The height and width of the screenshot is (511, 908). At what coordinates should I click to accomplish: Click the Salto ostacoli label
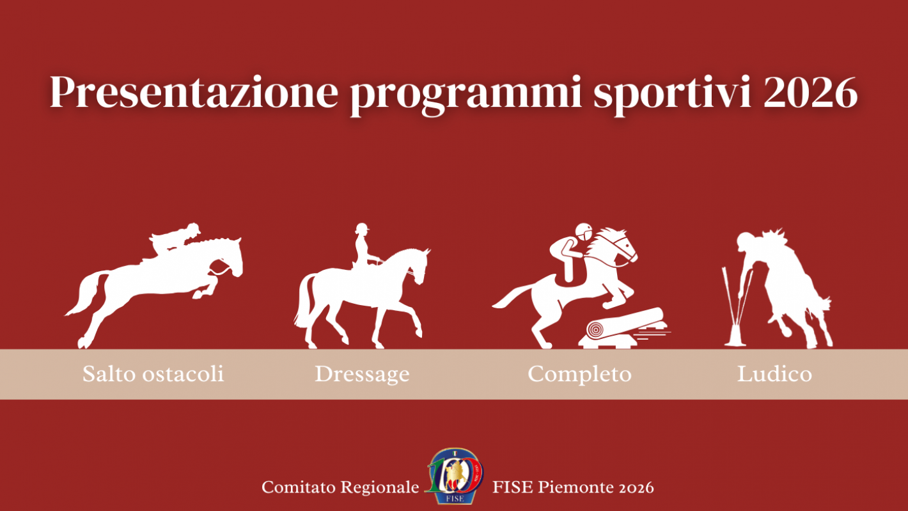point(153,373)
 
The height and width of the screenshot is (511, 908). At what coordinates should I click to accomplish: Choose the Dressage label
point(362,374)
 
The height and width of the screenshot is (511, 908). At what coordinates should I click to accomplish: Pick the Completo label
point(579,374)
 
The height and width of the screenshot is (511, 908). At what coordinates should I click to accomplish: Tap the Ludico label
point(774,374)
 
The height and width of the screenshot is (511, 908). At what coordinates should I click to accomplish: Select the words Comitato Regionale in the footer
point(340,487)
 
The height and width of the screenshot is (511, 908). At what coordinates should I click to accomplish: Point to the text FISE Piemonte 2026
point(573,487)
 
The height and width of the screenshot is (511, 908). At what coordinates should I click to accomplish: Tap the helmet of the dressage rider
point(362,228)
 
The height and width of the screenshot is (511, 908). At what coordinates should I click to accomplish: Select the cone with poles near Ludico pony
point(736,313)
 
